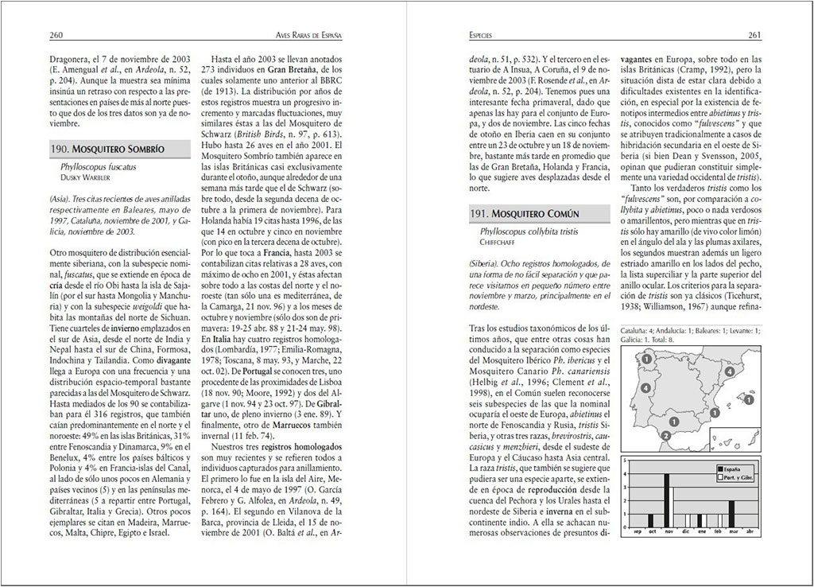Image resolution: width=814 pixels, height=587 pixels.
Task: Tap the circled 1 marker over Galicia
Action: click(647, 360)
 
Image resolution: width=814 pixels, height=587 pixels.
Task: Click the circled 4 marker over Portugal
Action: click(645, 388)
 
